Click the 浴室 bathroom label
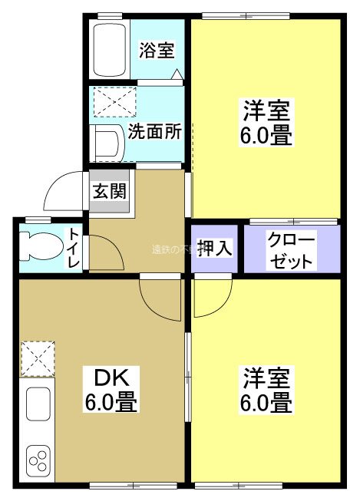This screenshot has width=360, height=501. (x=157, y=51)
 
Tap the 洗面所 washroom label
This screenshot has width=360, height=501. (x=154, y=130)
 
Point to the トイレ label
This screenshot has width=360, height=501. (x=74, y=248)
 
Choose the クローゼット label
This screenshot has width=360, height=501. (x=290, y=249)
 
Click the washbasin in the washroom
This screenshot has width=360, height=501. (x=107, y=142)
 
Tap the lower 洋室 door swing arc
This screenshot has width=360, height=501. (x=211, y=298)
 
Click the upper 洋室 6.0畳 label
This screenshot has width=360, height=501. (x=266, y=123)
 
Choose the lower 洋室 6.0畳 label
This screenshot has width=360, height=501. (x=266, y=390)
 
